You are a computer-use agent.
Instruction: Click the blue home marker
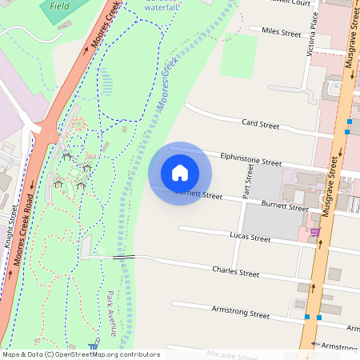point(180,173)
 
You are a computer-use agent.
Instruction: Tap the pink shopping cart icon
point(315,233)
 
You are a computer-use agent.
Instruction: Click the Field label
point(58,5)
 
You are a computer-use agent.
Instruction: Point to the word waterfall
point(162,7)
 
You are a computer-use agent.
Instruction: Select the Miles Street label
point(275,33)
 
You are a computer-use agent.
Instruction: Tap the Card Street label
point(260,125)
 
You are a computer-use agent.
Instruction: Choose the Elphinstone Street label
point(251,160)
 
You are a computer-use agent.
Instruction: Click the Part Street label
point(248,187)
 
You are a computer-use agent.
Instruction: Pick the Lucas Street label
point(250,238)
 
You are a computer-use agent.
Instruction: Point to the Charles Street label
point(236,273)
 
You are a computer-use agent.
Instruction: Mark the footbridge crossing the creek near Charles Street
point(123,258)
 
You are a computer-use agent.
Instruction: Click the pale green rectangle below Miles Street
point(238,55)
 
